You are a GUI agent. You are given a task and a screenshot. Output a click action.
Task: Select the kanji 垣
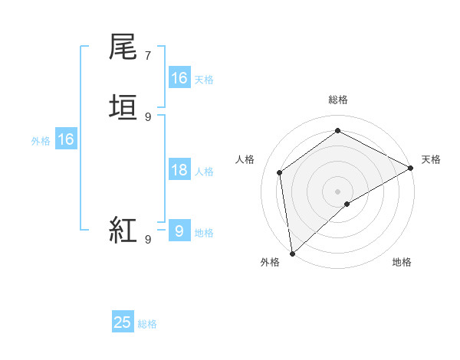[124, 106]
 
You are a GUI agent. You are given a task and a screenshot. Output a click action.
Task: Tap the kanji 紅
[124, 229]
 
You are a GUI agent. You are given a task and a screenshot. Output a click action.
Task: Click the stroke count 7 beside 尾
[148, 56]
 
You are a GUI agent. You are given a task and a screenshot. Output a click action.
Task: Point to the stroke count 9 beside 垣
[148, 116]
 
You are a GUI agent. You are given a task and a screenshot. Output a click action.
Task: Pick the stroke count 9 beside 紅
[148, 239]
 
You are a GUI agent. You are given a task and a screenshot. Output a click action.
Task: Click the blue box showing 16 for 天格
[179, 78]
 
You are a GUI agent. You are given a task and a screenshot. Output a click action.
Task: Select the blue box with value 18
[179, 170]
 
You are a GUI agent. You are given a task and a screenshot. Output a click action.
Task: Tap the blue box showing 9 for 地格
[179, 231]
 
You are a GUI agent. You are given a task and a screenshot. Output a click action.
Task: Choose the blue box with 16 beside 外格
[66, 139]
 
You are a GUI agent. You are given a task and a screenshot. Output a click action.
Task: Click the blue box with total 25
[123, 322]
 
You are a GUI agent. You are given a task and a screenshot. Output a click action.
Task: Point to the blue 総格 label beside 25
[147, 324]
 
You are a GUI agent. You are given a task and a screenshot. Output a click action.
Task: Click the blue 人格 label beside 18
[204, 172]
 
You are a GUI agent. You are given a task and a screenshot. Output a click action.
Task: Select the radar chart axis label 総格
[338, 100]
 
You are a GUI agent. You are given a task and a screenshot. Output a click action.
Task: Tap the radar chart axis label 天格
[431, 159]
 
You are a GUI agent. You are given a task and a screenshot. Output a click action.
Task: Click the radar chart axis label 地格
[402, 262]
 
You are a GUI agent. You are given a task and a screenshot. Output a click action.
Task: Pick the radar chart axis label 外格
[270, 262]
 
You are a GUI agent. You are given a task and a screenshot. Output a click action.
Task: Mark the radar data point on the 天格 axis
[411, 168]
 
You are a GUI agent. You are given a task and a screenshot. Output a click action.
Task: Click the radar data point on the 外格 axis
[292, 253]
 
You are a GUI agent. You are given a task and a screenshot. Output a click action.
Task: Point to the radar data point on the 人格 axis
[280, 172]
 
